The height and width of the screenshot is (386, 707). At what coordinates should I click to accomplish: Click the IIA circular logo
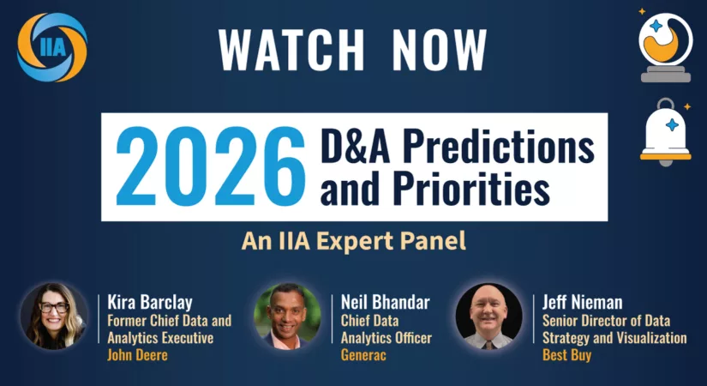click(52, 47)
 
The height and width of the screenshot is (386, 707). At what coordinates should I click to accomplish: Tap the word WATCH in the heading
click(291, 50)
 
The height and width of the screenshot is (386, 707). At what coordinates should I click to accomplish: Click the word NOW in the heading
click(439, 50)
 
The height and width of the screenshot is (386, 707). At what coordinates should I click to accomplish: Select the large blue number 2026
click(211, 166)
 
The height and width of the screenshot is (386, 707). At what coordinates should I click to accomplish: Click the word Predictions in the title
click(499, 146)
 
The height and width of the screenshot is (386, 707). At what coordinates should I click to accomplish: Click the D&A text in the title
click(356, 146)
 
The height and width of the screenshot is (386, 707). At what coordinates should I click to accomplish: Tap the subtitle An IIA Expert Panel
click(353, 241)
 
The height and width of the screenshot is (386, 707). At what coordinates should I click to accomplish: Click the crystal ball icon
click(666, 46)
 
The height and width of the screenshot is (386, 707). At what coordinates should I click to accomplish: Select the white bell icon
click(666, 132)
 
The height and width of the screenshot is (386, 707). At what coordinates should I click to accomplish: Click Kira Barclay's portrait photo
click(54, 316)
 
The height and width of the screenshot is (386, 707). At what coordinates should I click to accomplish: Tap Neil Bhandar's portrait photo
click(288, 316)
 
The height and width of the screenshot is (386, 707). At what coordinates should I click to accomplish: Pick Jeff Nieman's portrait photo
click(488, 316)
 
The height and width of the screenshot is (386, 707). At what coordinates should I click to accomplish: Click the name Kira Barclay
click(150, 302)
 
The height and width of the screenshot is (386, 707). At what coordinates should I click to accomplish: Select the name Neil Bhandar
click(385, 302)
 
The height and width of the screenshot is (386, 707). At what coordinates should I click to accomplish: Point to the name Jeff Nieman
click(582, 302)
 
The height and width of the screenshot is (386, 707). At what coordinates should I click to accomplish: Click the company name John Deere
click(137, 355)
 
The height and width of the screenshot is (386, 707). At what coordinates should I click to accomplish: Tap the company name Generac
click(363, 355)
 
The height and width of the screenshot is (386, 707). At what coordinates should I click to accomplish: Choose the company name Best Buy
click(566, 355)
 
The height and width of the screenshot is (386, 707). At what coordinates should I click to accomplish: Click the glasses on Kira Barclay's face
click(54, 307)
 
